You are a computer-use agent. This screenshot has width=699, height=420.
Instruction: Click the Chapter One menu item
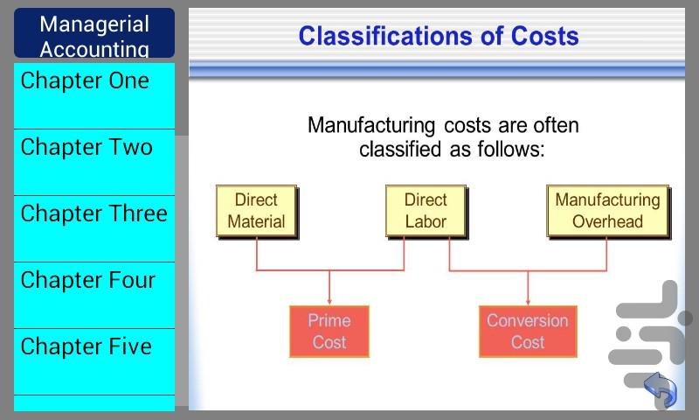pyautogui.click(x=94, y=95)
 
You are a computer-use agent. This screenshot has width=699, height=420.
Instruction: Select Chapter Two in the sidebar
pyautogui.click(x=94, y=162)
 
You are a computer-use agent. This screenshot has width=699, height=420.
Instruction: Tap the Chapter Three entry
pyautogui.click(x=94, y=228)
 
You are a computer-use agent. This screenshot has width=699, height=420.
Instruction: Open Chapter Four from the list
pyautogui.click(x=94, y=295)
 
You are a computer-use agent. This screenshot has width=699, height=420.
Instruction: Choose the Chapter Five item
pyautogui.click(x=94, y=361)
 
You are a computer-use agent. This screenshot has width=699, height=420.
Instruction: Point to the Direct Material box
pyautogui.click(x=257, y=211)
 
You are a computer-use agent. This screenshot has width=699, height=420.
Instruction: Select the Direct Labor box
pyautogui.click(x=426, y=211)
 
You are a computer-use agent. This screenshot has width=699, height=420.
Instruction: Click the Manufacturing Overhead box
pyautogui.click(x=608, y=211)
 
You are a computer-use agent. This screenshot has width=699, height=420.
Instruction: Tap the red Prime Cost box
pyautogui.click(x=329, y=331)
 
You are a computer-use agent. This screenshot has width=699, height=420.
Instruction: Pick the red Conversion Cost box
pyautogui.click(x=528, y=331)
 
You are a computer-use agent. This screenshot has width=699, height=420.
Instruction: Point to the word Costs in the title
pyautogui.click(x=544, y=36)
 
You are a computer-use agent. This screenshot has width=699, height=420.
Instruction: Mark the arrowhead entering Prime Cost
pyautogui.click(x=329, y=303)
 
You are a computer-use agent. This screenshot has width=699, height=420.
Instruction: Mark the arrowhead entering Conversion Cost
pyautogui.click(x=528, y=303)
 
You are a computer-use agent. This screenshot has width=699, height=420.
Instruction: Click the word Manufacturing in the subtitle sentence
pyautogui.click(x=371, y=126)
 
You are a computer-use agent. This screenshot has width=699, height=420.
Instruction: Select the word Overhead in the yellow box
pyautogui.click(x=607, y=221)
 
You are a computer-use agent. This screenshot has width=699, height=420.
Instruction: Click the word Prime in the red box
pyautogui.click(x=329, y=320)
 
